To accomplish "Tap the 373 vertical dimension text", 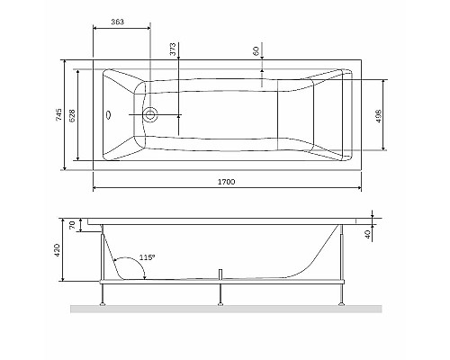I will [172, 49].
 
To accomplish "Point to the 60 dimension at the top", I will [256, 50].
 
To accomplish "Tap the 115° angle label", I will [148, 257].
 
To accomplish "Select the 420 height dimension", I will [58, 250].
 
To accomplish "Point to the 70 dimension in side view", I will [75, 225].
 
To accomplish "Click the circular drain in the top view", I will [151, 115].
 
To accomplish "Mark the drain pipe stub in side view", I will [220, 274].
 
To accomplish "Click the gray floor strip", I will [225, 310].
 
